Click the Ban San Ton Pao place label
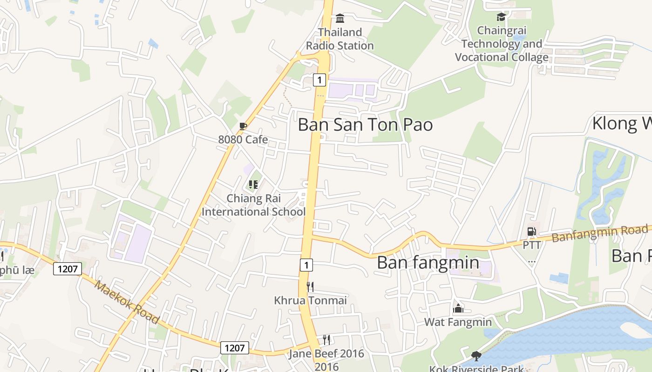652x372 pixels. click(x=365, y=125)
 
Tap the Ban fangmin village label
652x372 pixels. click(x=428, y=262)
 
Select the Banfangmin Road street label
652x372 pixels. click(x=599, y=233)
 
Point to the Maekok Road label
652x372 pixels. click(x=127, y=302)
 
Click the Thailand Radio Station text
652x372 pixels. click(x=340, y=39)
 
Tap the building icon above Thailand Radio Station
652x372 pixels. click(x=340, y=19)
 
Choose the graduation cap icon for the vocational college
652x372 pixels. click(x=501, y=17)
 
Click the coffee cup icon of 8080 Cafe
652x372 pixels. click(x=243, y=126)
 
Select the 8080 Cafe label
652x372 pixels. click(x=243, y=139)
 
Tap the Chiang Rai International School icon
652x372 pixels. click(x=253, y=185)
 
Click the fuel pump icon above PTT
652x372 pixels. click(x=531, y=231)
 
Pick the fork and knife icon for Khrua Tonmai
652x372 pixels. click(x=310, y=286)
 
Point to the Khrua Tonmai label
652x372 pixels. click(x=310, y=300)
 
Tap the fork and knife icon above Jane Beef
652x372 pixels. click(x=326, y=340)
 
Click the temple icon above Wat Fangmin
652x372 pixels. click(x=458, y=308)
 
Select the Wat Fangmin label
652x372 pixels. click(x=458, y=322)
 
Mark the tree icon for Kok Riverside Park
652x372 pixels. click(x=476, y=356)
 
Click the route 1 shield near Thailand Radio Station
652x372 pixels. click(x=319, y=80)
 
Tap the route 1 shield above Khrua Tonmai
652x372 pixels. click(x=306, y=265)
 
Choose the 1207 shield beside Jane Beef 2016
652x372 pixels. click(x=234, y=348)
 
